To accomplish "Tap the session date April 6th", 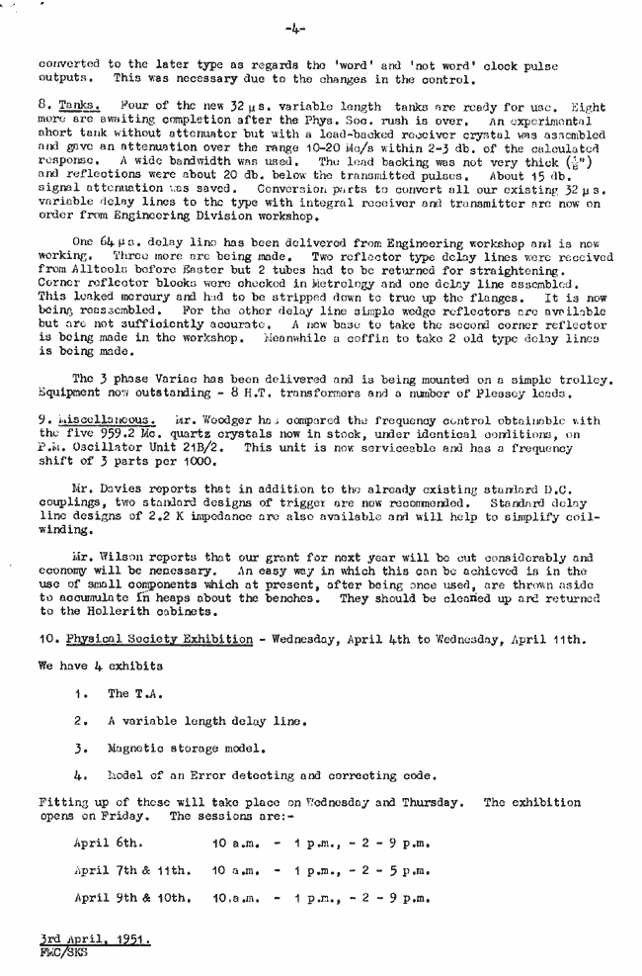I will (x=109, y=843).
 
